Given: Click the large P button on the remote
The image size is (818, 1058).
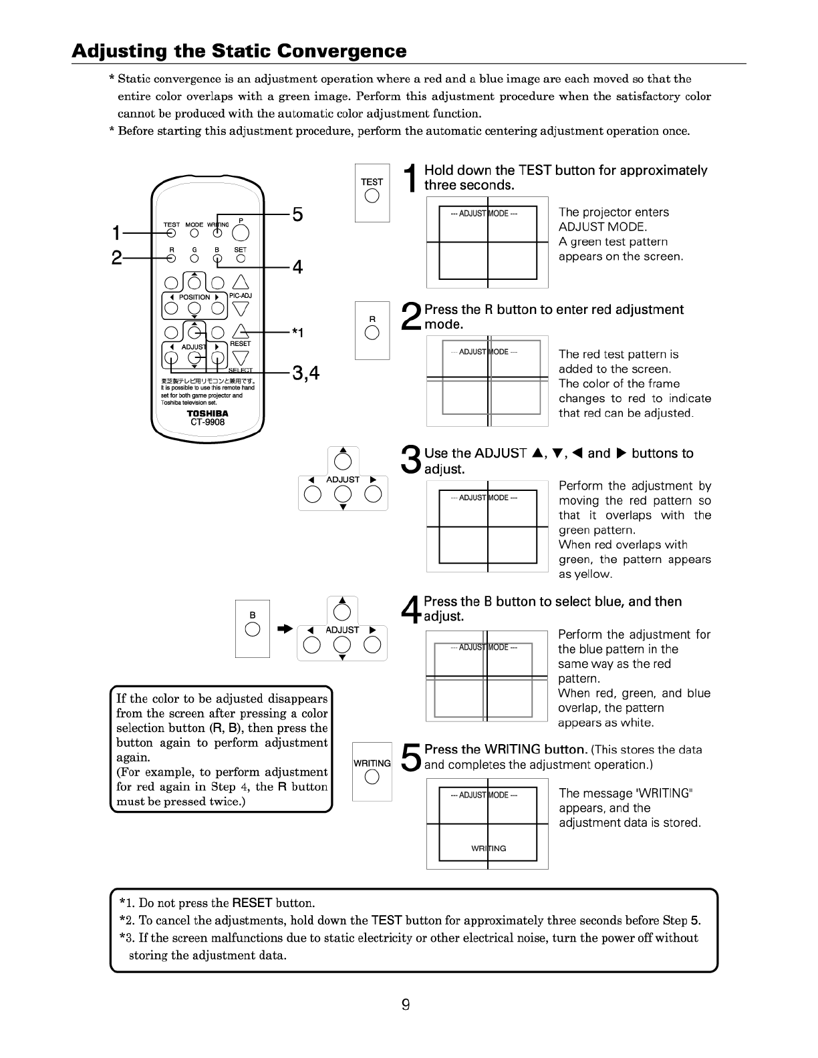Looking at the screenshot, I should click(x=241, y=232).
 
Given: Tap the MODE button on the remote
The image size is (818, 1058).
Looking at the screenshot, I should click(x=194, y=233).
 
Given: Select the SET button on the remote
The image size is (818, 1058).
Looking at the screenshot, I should click(x=241, y=257).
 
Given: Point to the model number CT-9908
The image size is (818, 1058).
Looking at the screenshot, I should click(x=207, y=422).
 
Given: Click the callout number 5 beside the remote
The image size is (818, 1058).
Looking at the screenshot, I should click(x=297, y=215).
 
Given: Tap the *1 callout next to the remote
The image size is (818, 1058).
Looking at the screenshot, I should click(x=297, y=333).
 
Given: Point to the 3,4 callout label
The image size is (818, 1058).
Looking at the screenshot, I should click(x=305, y=374).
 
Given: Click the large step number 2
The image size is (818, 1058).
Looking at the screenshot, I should click(x=412, y=317).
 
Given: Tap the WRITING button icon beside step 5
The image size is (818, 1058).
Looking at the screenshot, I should click(x=372, y=777).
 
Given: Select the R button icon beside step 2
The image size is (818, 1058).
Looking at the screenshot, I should click(x=372, y=334).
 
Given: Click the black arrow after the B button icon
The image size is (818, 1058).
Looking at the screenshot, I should click(x=285, y=629).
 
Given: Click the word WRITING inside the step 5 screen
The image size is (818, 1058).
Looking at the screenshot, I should click(x=489, y=848).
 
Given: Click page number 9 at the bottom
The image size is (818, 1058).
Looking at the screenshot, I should click(x=406, y=1005).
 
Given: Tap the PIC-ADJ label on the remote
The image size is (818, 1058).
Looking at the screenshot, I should click(x=241, y=295).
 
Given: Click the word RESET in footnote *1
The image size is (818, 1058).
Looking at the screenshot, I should click(x=252, y=903).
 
